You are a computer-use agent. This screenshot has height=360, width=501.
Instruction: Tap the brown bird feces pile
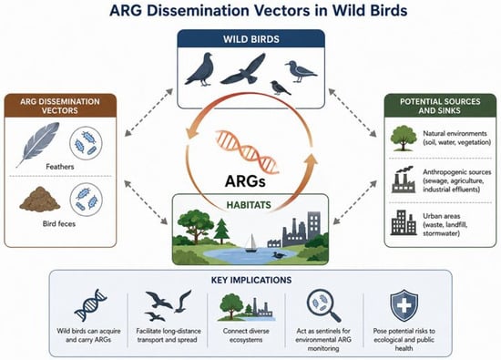(39, 200)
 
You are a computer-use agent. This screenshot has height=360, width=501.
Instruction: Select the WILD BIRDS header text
(251, 39)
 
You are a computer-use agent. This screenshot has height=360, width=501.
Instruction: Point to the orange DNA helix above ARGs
(247, 151)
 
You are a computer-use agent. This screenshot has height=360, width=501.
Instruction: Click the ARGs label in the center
(245, 181)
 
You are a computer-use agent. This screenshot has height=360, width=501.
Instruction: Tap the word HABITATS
(249, 205)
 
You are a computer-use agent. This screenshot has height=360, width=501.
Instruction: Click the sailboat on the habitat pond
(250, 243)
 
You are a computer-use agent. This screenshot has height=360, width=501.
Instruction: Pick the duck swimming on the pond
(279, 255)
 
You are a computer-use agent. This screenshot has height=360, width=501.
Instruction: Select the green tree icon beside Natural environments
(404, 139)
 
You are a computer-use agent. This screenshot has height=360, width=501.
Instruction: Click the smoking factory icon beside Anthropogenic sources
(404, 180)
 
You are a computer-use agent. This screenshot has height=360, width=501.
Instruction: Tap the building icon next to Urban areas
(404, 222)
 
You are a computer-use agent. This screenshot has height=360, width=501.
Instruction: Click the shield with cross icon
(404, 305)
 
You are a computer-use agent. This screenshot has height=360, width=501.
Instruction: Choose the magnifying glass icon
(323, 305)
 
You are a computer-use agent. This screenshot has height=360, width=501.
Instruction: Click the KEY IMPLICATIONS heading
(251, 280)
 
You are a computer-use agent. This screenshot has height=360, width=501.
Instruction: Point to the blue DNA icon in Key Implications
(90, 305)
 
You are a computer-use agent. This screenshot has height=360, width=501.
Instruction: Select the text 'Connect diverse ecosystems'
(246, 335)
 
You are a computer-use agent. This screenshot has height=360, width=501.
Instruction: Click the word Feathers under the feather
(60, 167)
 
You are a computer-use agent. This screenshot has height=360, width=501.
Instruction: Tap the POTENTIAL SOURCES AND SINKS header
(440, 106)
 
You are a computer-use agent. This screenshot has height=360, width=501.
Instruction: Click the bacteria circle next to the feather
(86, 143)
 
